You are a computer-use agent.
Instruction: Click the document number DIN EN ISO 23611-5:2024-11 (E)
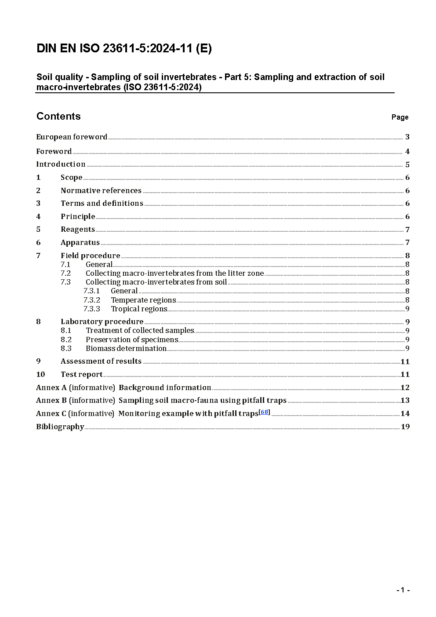[124, 48]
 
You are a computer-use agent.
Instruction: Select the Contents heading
[58, 116]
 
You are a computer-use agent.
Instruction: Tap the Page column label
[400, 117]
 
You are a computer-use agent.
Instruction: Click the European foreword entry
[72, 137]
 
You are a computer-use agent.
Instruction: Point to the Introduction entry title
[61, 164]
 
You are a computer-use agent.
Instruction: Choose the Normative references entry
[101, 190]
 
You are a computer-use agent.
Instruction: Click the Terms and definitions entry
[102, 203]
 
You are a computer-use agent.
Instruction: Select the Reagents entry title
[78, 229]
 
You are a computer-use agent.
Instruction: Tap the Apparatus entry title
[80, 242]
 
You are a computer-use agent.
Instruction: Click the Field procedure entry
[90, 256]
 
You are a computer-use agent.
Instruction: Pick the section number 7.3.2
[91, 300]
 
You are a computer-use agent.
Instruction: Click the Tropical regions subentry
[139, 309]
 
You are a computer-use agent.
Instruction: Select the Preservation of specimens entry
[132, 340]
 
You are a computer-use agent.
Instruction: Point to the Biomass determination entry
[126, 348]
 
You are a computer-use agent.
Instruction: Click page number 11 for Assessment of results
[405, 361]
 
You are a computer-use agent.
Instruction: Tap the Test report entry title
[81, 374]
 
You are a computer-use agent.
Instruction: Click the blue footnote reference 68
[264, 412]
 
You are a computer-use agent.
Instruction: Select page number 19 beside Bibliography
[405, 427]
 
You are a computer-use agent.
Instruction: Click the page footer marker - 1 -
[403, 590]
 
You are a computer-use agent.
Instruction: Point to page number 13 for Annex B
[405, 400]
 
